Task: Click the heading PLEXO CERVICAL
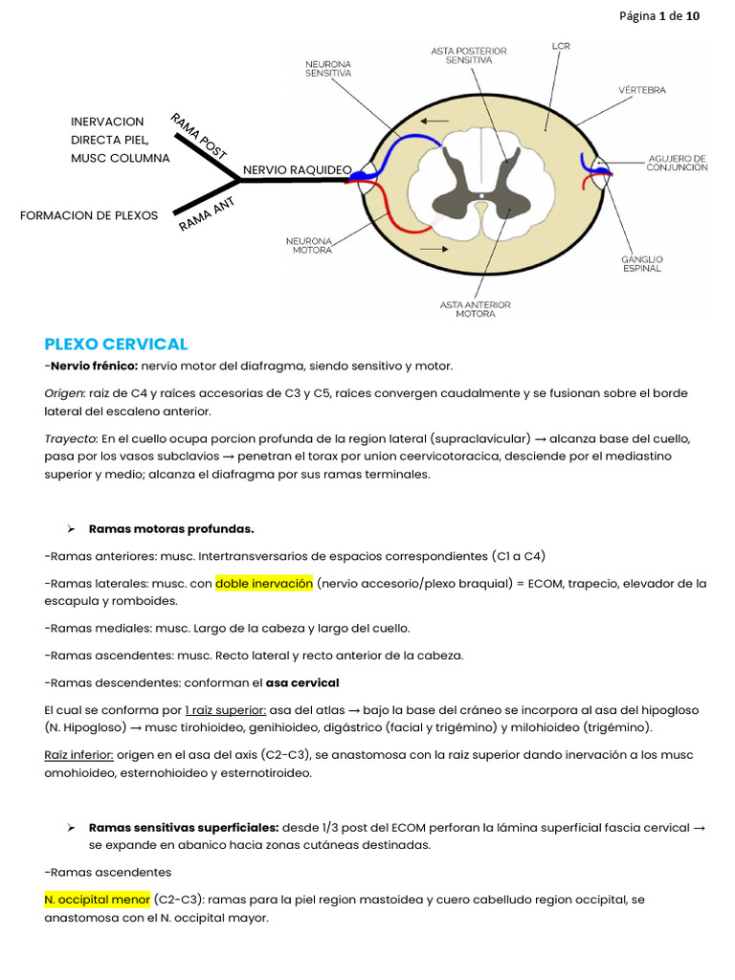[x=116, y=344]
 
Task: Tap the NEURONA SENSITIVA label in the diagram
[x=328, y=67]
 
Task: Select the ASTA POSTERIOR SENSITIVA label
[x=468, y=55]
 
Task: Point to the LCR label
[x=563, y=45]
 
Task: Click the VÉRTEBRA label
[x=641, y=90]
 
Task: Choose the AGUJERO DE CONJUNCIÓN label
[x=677, y=163]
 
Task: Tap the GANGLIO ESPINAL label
[x=643, y=263]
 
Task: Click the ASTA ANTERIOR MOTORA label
[x=475, y=309]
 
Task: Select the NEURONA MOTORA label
[x=312, y=245]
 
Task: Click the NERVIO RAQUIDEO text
[x=297, y=170]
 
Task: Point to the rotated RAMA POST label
[x=198, y=136]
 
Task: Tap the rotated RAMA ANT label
[x=206, y=214]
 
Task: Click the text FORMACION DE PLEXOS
[x=89, y=215]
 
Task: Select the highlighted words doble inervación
[x=264, y=583]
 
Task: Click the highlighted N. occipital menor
[x=97, y=900]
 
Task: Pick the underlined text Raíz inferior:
[x=78, y=755]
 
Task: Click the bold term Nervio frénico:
[x=94, y=366]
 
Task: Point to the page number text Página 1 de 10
[x=659, y=16]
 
